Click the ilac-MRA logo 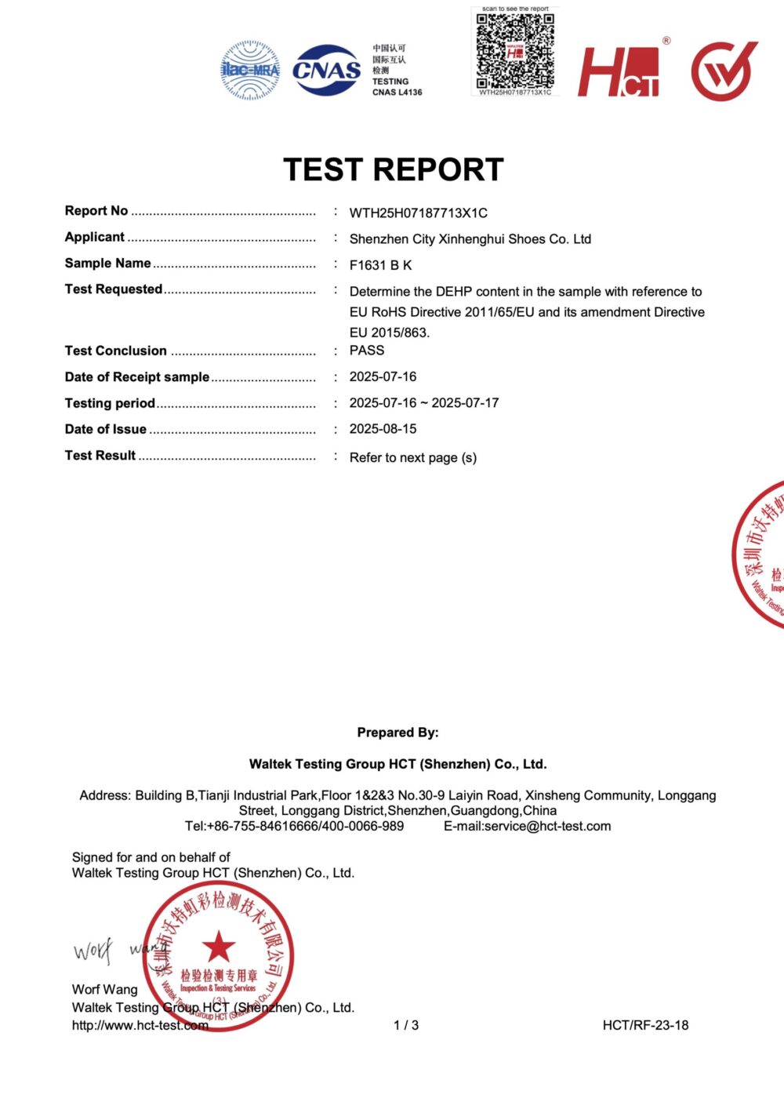(x=250, y=70)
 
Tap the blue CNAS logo (x=327, y=70)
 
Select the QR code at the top (x=515, y=50)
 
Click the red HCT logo (x=619, y=71)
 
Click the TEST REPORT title (x=393, y=169)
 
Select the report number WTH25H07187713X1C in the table (x=418, y=213)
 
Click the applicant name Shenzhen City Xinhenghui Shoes (x=470, y=239)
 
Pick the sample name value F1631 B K (x=380, y=265)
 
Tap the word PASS (x=367, y=351)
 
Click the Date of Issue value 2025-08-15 (x=383, y=429)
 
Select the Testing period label (x=110, y=403)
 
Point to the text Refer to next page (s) (x=412, y=457)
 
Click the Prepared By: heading (x=397, y=733)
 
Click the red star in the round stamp (x=219, y=947)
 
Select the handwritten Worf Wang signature (x=118, y=951)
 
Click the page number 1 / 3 (x=406, y=1025)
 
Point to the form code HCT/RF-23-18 (x=645, y=1025)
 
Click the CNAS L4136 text (x=397, y=93)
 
